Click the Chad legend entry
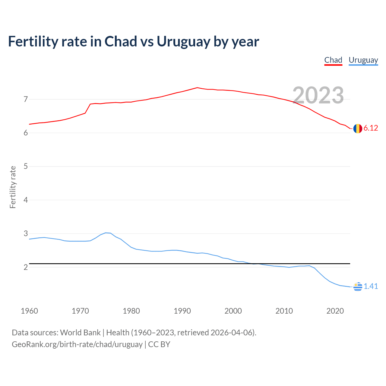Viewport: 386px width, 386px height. tap(333, 60)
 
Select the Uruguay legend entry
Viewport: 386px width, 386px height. tap(363, 60)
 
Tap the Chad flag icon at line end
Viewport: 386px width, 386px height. tap(358, 128)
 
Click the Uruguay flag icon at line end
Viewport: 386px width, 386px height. tap(358, 286)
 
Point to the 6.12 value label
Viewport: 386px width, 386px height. tap(371, 128)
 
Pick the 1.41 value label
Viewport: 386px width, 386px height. tap(371, 286)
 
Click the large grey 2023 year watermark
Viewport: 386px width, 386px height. tap(318, 95)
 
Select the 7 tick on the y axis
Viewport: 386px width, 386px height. tap(26, 99)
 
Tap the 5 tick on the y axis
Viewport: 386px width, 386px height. tap(26, 166)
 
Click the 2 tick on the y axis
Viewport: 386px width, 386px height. tap(26, 267)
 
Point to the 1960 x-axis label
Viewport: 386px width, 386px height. tap(29, 311)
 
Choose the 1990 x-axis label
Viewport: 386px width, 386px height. tap(182, 311)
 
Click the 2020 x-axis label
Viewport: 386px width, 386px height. tap(335, 311)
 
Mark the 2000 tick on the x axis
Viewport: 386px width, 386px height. tap(233, 311)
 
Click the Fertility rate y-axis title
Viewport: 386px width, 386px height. tap(13, 187)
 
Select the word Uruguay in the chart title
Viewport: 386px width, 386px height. tap(183, 42)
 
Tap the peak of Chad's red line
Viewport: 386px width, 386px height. tap(197, 88)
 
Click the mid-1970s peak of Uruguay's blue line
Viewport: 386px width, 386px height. tap(106, 233)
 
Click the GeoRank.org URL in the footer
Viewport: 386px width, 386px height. tap(77, 344)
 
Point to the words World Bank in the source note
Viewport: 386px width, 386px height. tap(80, 333)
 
